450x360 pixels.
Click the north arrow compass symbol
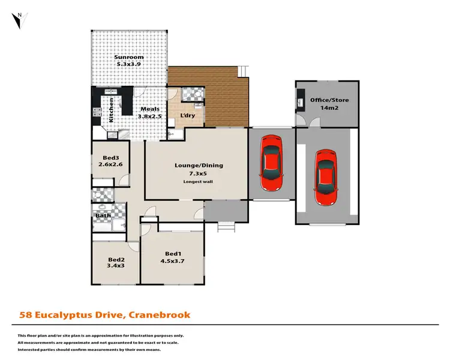(20, 19)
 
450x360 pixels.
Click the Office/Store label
(328, 100)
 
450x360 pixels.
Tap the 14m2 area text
(328, 108)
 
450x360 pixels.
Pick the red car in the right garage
(326, 178)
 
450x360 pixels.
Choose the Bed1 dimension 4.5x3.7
(173, 262)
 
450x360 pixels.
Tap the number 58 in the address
(26, 314)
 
